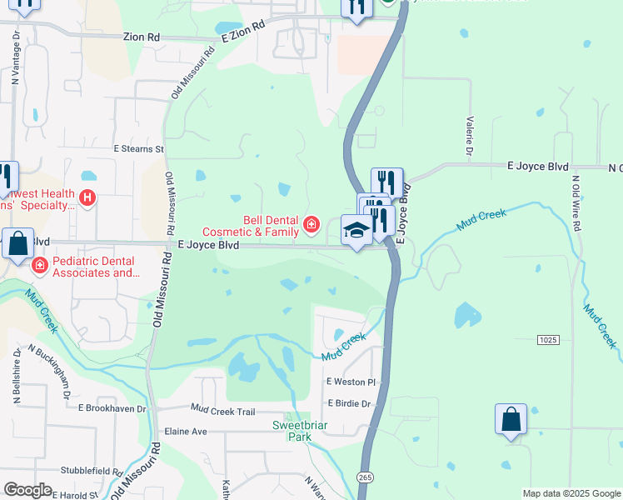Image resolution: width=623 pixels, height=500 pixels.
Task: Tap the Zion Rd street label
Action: click(141, 37)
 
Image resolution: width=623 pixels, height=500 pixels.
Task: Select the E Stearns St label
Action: click(139, 148)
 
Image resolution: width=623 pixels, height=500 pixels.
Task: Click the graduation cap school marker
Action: click(356, 232)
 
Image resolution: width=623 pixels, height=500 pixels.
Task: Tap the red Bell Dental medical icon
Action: click(311, 224)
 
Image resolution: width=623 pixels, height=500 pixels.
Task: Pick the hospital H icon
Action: click(87, 199)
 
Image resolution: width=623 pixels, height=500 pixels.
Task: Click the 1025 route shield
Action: click(547, 339)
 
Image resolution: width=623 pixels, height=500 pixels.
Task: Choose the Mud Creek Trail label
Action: click(222, 410)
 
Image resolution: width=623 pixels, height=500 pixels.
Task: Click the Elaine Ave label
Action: click(186, 432)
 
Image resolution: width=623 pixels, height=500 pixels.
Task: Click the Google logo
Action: click(27, 490)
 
